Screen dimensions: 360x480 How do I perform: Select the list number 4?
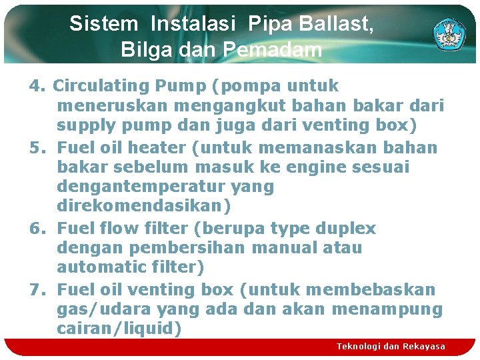pyautogui.click(x=37, y=87)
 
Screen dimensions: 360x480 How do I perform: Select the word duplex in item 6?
pyautogui.click(x=344, y=229)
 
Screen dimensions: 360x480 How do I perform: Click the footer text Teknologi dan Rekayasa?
pyautogui.click(x=391, y=347)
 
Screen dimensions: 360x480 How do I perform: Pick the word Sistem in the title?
pyautogui.click(x=103, y=24)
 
